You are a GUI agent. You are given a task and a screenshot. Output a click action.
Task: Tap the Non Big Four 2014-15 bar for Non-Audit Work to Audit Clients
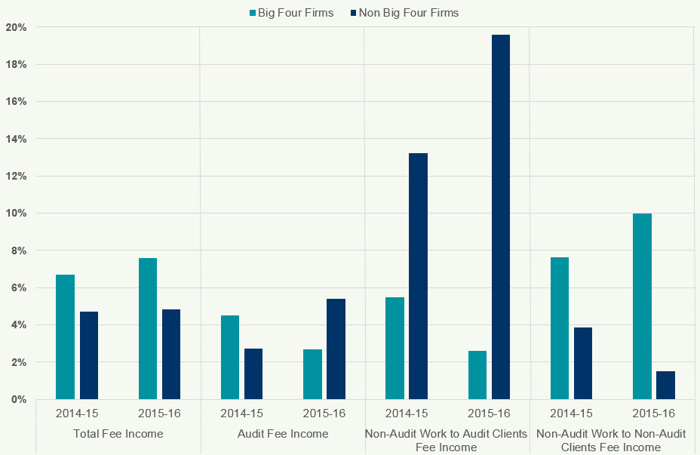[418, 276]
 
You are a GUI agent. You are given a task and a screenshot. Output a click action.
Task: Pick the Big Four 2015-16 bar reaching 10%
[642, 306]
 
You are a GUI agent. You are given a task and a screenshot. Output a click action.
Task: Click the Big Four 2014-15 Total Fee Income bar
[65, 337]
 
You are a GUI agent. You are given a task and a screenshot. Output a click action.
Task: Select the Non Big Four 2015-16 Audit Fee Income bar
[336, 349]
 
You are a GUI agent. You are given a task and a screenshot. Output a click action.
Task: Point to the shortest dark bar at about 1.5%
[665, 385]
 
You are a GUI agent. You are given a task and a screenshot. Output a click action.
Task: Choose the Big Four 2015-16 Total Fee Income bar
[148, 328]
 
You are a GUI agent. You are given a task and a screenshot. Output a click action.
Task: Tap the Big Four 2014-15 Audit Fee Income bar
[230, 357]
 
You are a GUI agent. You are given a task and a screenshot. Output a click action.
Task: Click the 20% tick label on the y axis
[16, 27]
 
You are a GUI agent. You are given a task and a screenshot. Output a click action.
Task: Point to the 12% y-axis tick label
[16, 176]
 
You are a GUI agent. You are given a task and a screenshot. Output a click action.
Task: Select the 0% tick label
[18, 399]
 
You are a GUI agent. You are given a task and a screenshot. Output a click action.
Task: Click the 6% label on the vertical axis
[18, 287]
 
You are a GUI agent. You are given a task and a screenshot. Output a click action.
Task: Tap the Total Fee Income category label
[118, 434]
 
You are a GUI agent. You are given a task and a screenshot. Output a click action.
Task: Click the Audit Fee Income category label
[283, 434]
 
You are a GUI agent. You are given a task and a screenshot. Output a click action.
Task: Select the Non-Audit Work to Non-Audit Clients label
[612, 441]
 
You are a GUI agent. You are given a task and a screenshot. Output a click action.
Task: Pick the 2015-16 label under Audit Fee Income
[324, 413]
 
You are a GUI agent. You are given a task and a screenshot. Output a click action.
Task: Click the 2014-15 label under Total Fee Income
[76, 413]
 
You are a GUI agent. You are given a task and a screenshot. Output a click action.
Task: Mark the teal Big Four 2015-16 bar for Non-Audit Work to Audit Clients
[477, 375]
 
